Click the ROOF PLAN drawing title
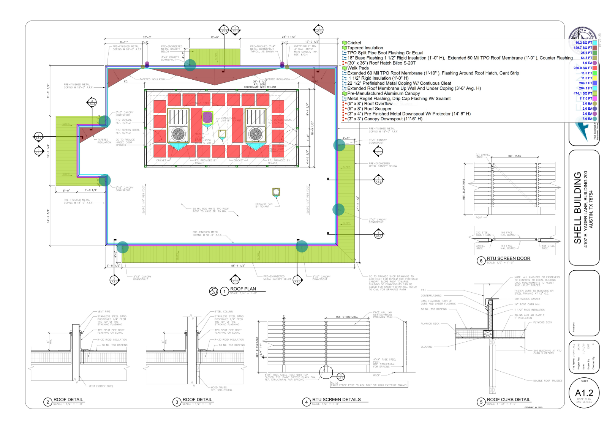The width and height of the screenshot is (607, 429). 243,289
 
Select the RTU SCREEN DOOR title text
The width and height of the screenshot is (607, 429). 508,259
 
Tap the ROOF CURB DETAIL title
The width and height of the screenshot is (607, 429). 508,399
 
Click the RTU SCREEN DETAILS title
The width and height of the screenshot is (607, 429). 336,399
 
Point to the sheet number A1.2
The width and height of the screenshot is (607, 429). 584,393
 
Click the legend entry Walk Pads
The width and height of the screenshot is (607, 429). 358,68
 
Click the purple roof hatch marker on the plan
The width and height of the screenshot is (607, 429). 207,117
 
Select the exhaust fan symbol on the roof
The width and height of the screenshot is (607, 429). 276,192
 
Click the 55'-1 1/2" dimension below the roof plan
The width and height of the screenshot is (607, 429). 238,266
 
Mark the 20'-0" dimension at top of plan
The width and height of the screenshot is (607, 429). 147,37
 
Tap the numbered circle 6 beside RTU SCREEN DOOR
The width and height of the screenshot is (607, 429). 481,261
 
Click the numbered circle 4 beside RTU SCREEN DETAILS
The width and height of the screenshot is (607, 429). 307,402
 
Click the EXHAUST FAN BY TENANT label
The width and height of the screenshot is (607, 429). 264,205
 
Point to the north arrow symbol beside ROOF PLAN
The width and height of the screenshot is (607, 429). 213,291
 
